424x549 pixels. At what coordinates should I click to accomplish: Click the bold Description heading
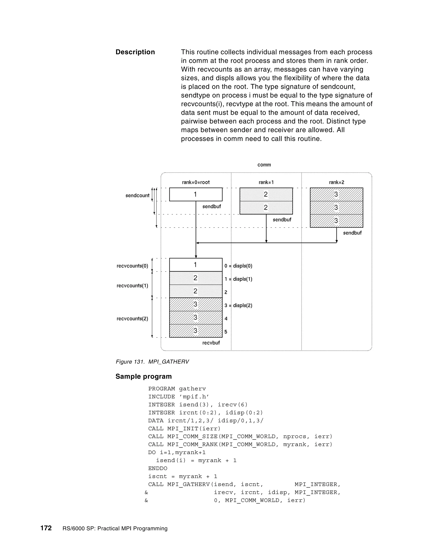coord(135,52)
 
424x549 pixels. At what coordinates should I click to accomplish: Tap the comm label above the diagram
coord(264,165)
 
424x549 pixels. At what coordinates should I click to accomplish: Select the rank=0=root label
coord(196,182)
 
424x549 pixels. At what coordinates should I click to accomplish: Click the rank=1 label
coord(266,182)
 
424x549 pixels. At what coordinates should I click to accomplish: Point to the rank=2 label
coord(336,182)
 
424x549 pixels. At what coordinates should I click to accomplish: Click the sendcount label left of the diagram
coord(137,196)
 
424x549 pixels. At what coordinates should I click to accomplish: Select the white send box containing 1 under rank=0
coord(196,194)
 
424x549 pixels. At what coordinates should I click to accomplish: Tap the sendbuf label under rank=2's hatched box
coord(352,233)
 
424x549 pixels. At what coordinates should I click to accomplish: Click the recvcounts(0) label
coord(132,266)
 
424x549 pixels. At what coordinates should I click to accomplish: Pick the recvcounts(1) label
coord(132,285)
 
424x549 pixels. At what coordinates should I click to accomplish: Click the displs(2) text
coord(242,305)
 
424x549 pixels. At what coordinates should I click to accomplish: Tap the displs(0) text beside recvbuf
coord(242,266)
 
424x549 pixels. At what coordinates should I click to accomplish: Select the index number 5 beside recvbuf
coord(226,332)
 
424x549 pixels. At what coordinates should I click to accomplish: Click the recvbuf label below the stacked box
coord(211,343)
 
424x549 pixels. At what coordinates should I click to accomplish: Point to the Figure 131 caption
coord(152,362)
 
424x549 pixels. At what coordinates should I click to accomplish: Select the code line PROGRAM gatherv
coord(177,389)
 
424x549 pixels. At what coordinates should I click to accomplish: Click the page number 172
coord(46,528)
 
